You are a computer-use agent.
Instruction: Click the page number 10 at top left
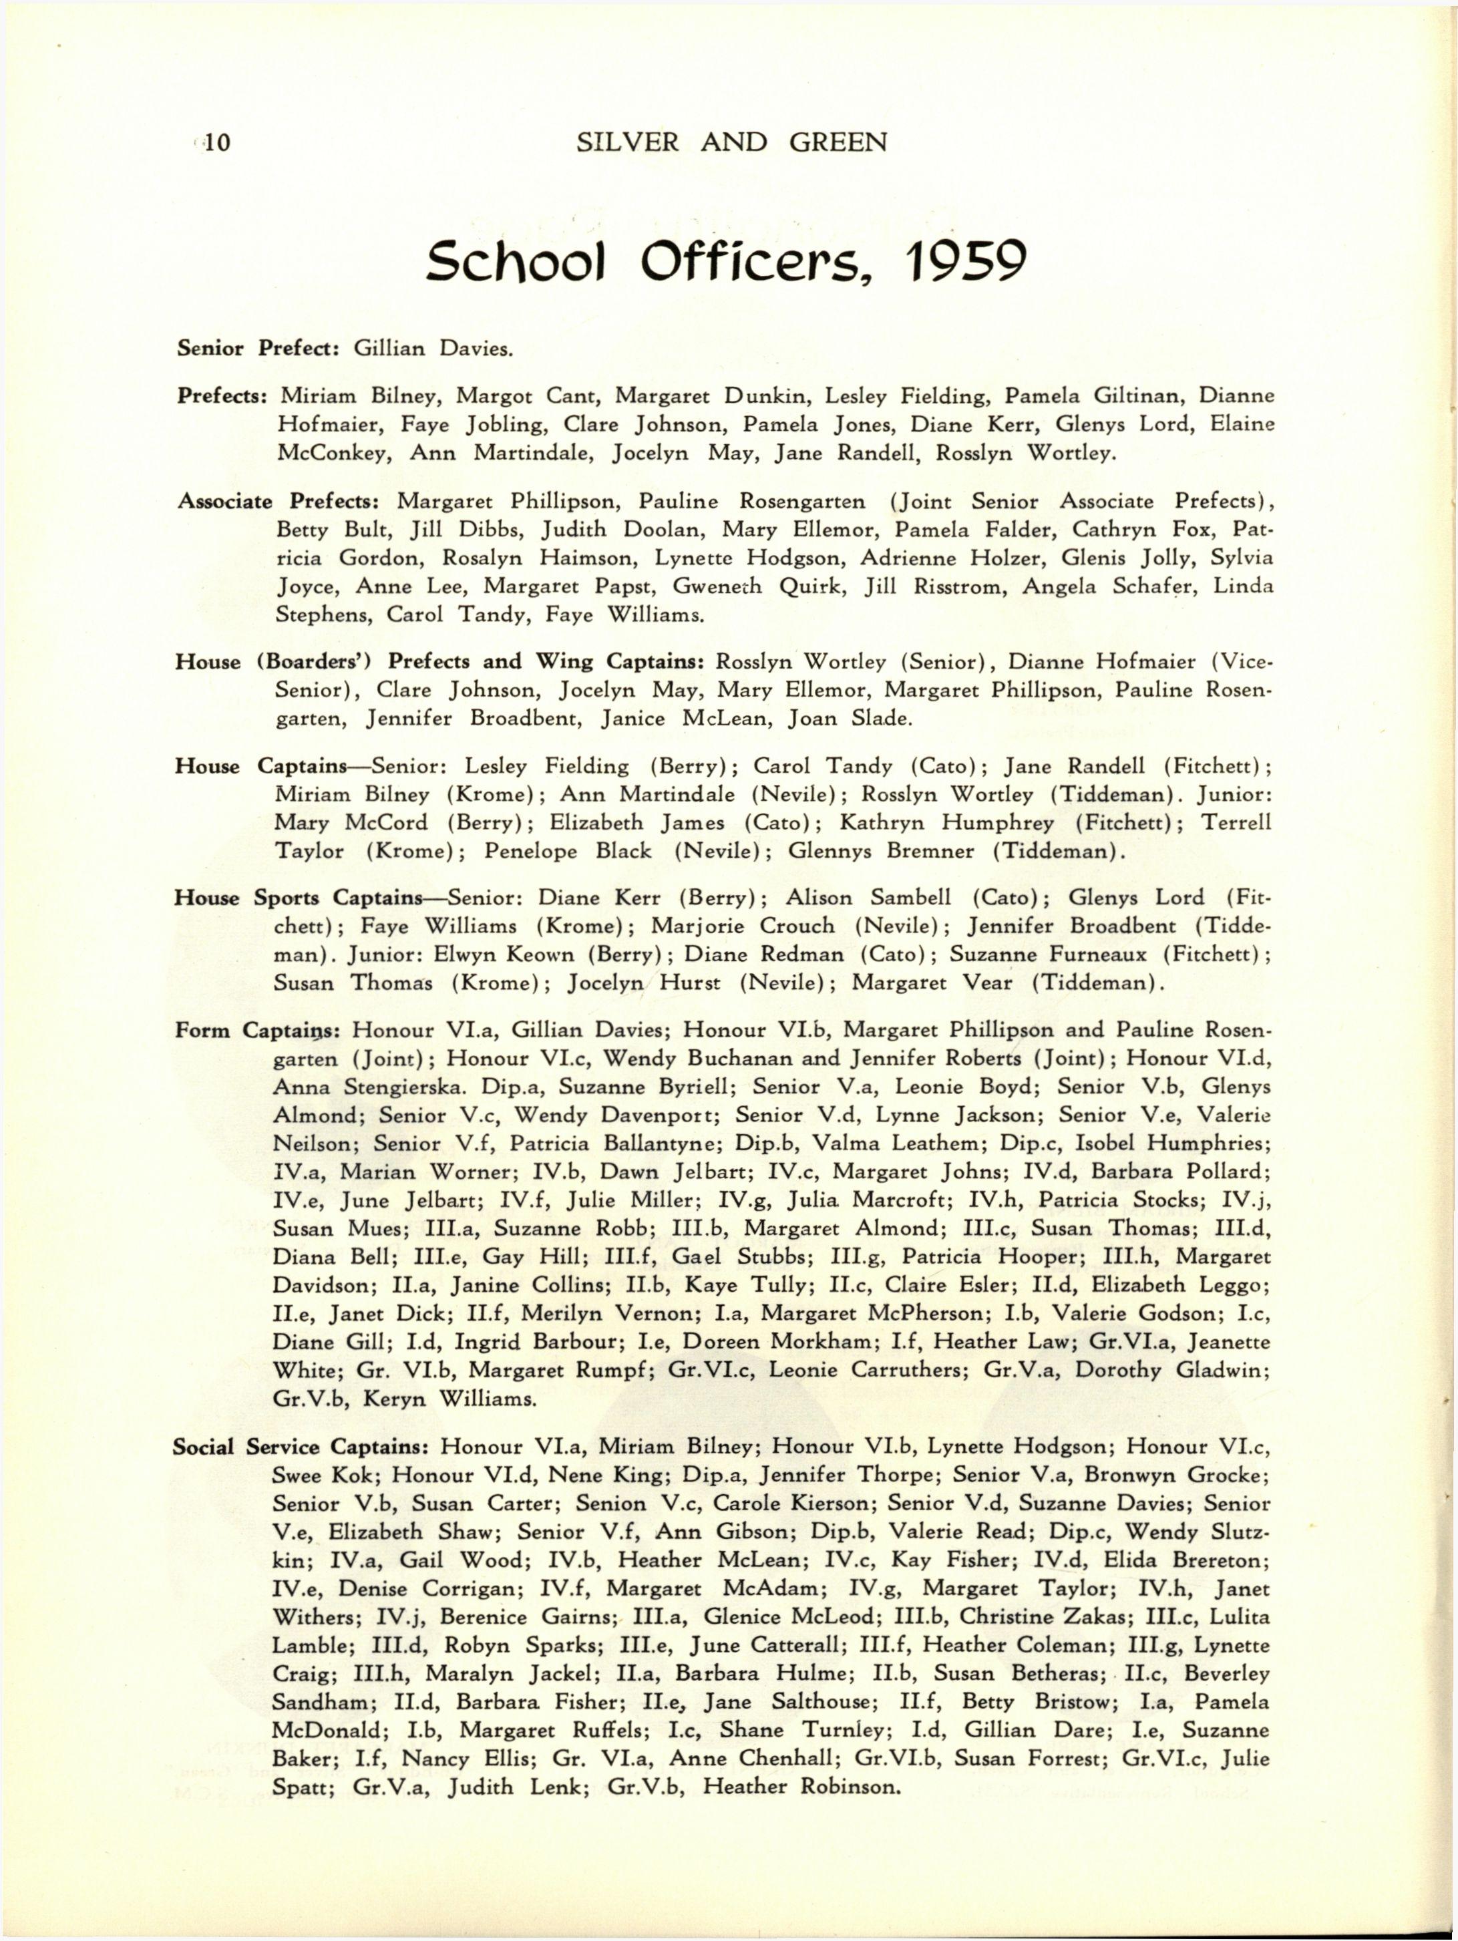click(215, 142)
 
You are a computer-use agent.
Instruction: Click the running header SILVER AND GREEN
click(731, 142)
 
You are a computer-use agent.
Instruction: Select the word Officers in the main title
click(769, 260)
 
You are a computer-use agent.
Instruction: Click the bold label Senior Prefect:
click(258, 349)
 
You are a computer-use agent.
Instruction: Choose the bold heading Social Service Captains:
click(301, 1446)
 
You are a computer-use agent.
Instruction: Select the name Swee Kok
click(325, 1474)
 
